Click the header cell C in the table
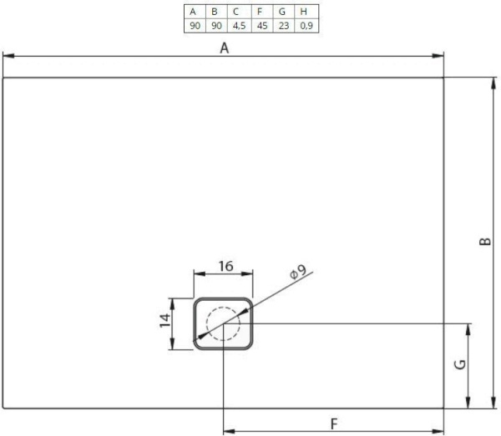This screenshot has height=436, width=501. pos(236,12)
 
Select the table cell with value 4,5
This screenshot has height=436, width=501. pos(236,26)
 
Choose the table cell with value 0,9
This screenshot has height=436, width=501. pos(306,26)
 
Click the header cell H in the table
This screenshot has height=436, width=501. pos(306,12)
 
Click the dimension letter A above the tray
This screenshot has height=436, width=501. pos(224,48)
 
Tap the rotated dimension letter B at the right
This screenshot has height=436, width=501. pos(484,243)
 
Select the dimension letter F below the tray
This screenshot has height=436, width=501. pos(334,423)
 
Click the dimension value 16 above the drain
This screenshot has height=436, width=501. pos(225,266)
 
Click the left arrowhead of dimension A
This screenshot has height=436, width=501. pos(7,57)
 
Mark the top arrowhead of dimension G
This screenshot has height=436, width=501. pos(469,327)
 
